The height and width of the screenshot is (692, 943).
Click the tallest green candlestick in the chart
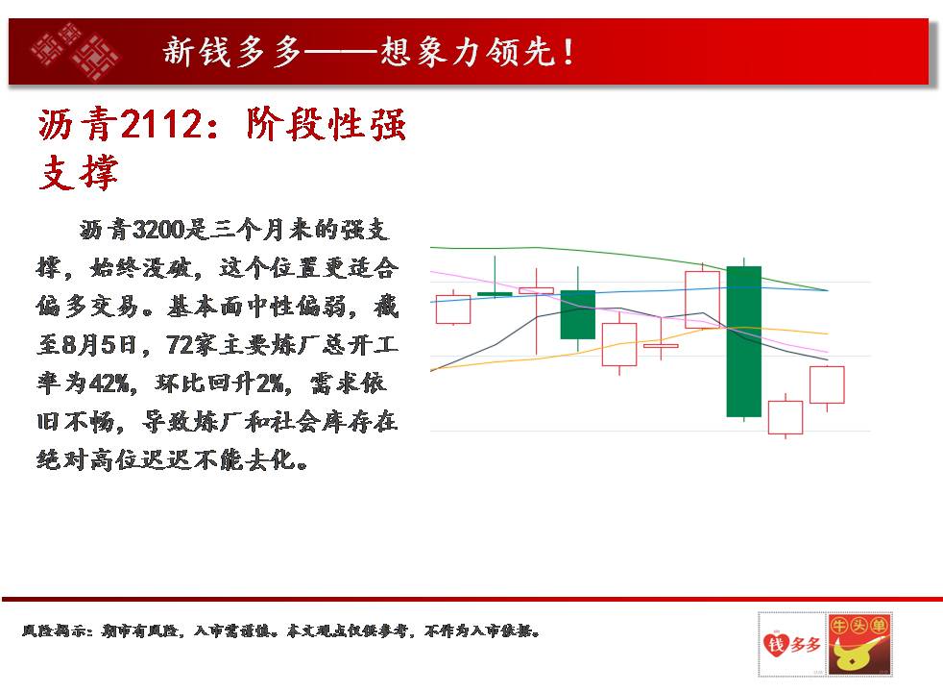pyautogui.click(x=744, y=341)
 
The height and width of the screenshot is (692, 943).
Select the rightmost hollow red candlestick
pyautogui.click(x=827, y=384)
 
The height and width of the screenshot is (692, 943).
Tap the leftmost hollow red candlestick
pyautogui.click(x=453, y=309)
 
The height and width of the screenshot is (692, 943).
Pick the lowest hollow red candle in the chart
pyautogui.click(x=786, y=417)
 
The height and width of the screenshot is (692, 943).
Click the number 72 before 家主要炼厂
pyautogui.click(x=179, y=345)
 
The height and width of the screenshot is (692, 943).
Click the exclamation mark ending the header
pyautogui.click(x=568, y=52)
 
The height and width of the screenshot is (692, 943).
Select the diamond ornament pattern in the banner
pyautogui.click(x=76, y=52)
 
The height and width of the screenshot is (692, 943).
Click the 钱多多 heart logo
pyautogui.click(x=792, y=644)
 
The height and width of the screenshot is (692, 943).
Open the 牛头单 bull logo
pyautogui.click(x=858, y=644)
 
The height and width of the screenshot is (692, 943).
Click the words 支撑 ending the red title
pyautogui.click(x=78, y=173)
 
